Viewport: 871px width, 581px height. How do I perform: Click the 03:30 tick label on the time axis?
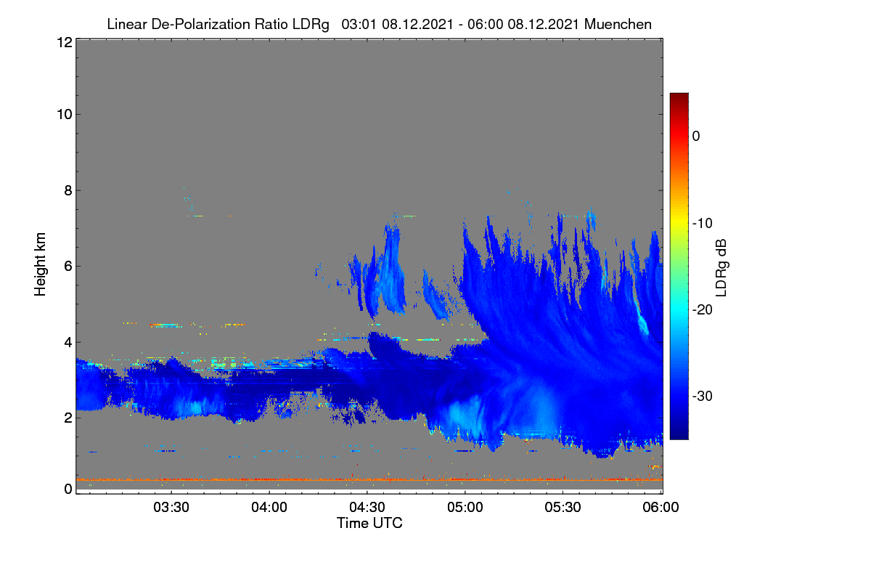171,508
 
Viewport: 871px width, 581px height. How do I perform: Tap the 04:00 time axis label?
269,508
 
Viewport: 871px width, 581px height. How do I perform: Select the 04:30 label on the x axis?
367,508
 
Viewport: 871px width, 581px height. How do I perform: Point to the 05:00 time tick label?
465,508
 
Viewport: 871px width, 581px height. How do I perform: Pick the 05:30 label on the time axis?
563,508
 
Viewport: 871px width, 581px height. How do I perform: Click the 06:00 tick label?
661,508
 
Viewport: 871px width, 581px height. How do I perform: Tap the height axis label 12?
65,42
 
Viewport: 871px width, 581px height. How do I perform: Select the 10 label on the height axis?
65,115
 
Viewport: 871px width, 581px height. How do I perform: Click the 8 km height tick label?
68,191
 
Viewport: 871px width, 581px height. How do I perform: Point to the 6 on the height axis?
68,267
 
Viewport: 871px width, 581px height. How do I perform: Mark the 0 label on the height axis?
68,489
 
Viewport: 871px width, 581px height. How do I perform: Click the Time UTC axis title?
369,523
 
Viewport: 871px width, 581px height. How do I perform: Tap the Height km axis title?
40,264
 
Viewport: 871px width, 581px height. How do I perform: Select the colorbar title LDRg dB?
721,268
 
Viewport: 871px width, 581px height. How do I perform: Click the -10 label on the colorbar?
703,224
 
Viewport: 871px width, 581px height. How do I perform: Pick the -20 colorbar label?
703,310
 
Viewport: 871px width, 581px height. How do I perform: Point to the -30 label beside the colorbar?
703,396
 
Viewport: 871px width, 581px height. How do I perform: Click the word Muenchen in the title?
618,25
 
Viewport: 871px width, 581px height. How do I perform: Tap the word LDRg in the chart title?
311,25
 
